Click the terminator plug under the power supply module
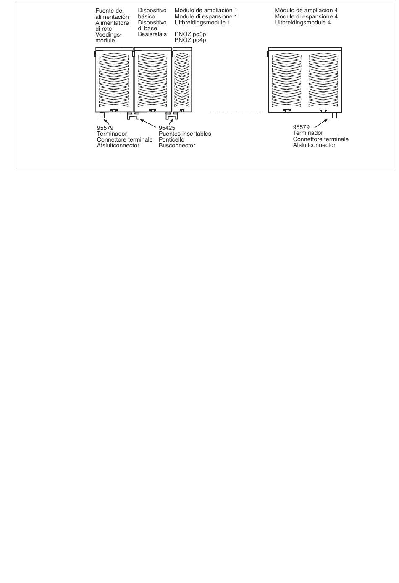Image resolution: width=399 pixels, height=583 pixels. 102,115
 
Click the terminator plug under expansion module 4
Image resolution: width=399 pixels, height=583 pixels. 334,115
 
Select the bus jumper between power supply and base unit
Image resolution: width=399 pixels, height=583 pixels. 133,116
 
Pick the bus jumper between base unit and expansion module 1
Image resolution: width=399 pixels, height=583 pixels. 172,116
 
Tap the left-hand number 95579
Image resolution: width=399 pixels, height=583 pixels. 105,128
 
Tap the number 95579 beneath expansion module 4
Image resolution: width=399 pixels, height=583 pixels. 301,127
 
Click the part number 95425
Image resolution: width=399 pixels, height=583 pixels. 167,128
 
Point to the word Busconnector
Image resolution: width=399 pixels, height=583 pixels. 177,145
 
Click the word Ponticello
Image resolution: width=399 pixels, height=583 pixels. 171,139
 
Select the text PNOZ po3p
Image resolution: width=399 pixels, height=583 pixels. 190,34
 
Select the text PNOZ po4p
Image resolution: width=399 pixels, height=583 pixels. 190,40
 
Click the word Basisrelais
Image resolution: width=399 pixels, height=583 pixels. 152,34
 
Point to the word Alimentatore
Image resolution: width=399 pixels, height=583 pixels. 112,23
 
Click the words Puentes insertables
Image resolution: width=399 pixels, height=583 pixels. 185,134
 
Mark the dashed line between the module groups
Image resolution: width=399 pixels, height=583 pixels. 235,112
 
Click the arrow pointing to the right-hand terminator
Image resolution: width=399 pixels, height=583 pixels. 321,123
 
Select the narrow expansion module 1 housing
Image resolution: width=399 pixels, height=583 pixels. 182,80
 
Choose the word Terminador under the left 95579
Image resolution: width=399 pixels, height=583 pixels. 112,134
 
